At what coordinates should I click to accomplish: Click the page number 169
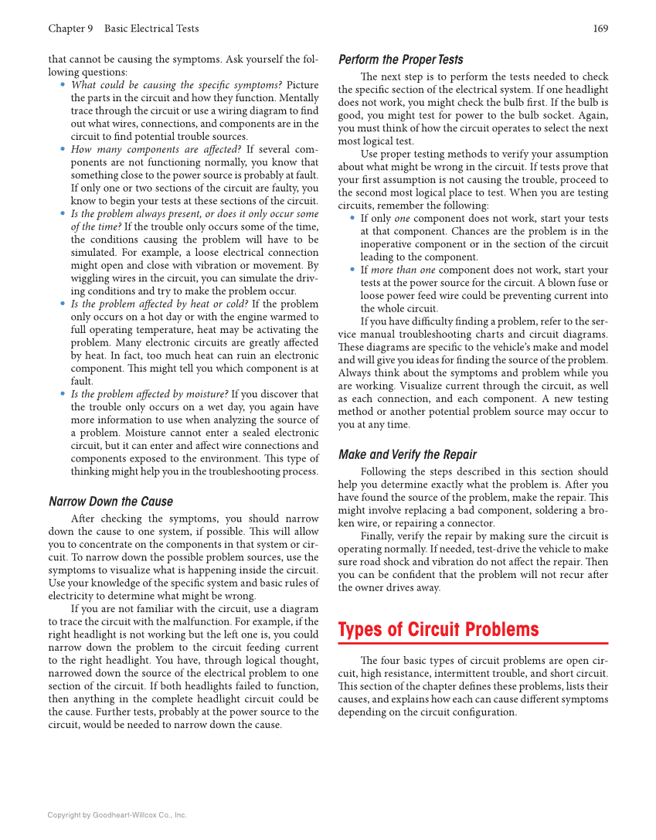(x=600, y=29)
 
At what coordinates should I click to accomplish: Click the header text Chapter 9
(x=70, y=29)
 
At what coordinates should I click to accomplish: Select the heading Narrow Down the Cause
(x=110, y=502)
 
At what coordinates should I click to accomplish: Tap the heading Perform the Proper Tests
(x=401, y=60)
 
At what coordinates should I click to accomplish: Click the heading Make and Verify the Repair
(x=407, y=454)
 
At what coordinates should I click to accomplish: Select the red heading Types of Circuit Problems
(x=438, y=629)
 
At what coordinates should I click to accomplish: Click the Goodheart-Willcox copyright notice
(x=117, y=814)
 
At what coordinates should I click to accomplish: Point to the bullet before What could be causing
(x=63, y=85)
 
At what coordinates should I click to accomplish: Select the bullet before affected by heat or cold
(x=63, y=304)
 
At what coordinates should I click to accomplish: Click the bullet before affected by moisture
(x=63, y=394)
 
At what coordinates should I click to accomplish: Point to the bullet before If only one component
(x=352, y=219)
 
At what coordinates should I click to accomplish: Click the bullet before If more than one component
(x=352, y=270)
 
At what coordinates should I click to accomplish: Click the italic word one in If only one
(x=402, y=219)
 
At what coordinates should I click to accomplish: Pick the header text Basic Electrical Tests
(x=151, y=29)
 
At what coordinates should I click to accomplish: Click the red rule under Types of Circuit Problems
(x=473, y=643)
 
